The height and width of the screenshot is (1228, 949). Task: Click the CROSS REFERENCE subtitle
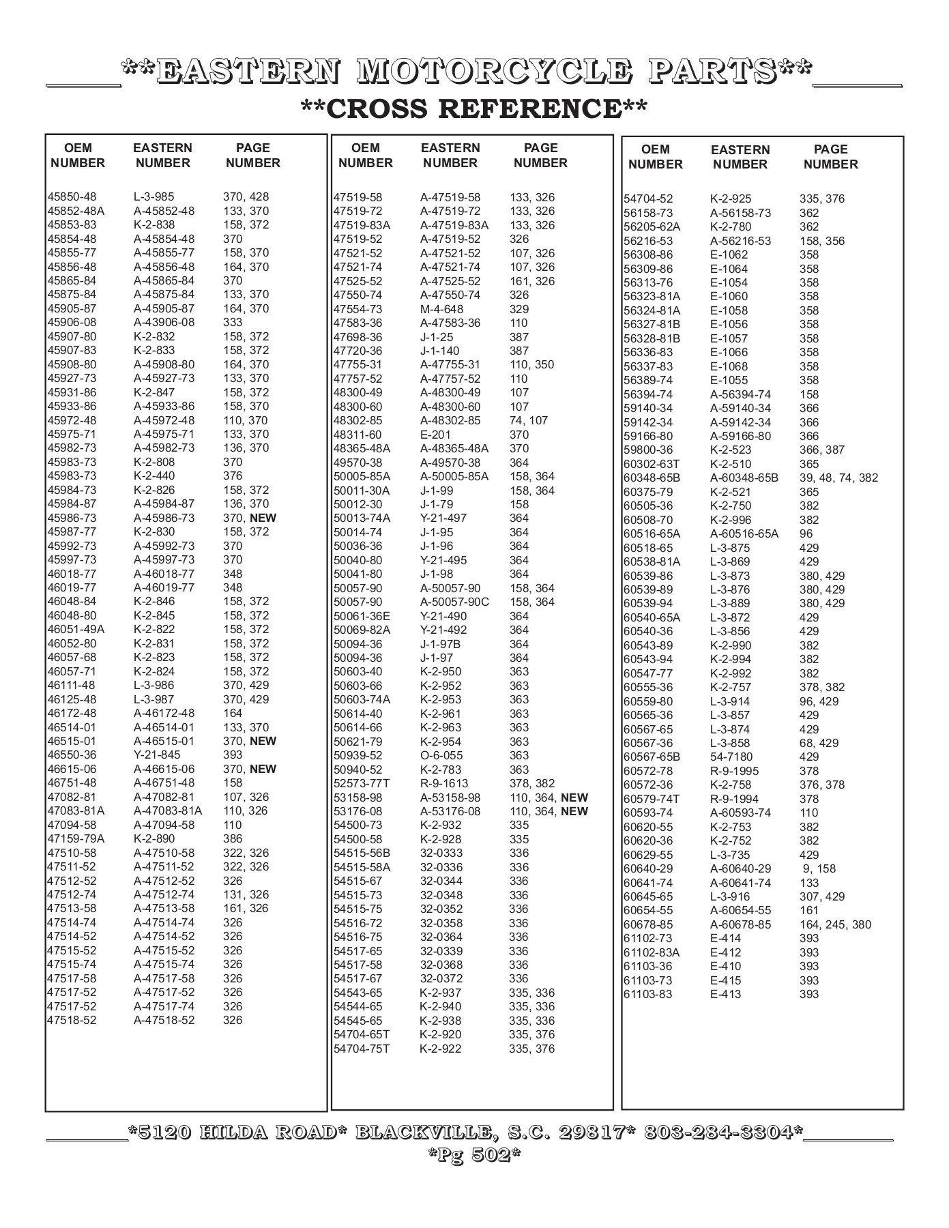click(473, 108)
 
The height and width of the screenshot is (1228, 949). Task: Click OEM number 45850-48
click(72, 196)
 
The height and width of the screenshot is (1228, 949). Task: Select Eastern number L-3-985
click(154, 196)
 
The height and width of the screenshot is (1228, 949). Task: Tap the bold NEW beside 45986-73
click(263, 518)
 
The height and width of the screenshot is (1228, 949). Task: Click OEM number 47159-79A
click(76, 839)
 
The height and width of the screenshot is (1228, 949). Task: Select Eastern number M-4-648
click(441, 309)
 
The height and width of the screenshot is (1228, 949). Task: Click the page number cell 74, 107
click(528, 420)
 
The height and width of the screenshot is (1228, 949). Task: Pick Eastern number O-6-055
click(441, 755)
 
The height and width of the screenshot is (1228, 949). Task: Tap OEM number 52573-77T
click(362, 783)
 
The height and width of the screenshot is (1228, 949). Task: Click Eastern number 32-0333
click(441, 853)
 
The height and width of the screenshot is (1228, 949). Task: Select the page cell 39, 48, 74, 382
click(838, 478)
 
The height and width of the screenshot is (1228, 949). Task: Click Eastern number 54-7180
click(731, 757)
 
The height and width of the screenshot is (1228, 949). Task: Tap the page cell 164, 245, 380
click(835, 924)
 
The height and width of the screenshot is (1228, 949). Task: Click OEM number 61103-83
click(647, 994)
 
